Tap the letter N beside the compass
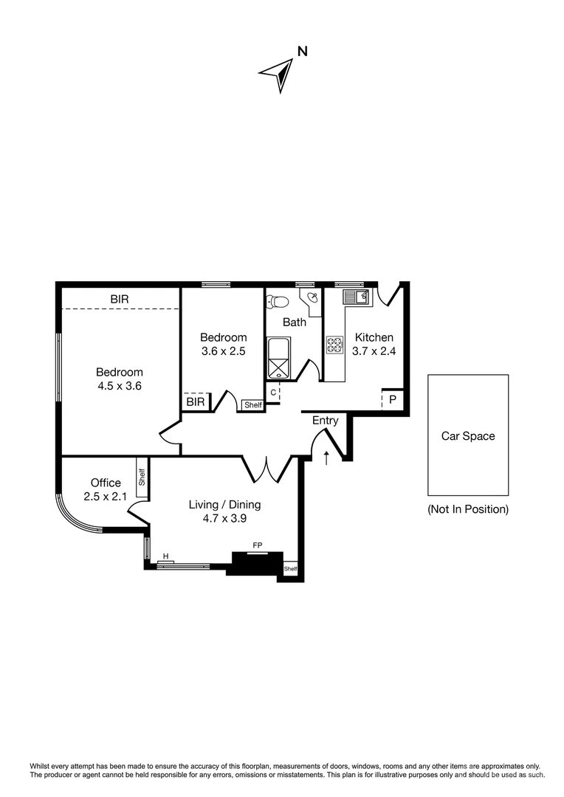pyautogui.click(x=302, y=52)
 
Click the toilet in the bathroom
pyautogui.click(x=278, y=302)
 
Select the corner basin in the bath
pyautogui.click(x=313, y=297)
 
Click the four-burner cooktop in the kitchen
pyautogui.click(x=334, y=345)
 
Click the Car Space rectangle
pyautogui.click(x=468, y=435)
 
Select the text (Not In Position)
pyautogui.click(x=468, y=509)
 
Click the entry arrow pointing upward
pyautogui.click(x=326, y=457)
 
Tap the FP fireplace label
pyautogui.click(x=258, y=545)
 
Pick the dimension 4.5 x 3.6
pyautogui.click(x=119, y=385)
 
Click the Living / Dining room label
pyautogui.click(x=224, y=505)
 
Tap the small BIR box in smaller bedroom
pyautogui.click(x=196, y=402)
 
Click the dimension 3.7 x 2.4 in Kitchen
pyautogui.click(x=374, y=351)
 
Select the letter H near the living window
pyautogui.click(x=165, y=556)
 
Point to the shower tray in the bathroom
pyautogui.click(x=278, y=367)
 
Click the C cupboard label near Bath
pyautogui.click(x=273, y=393)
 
